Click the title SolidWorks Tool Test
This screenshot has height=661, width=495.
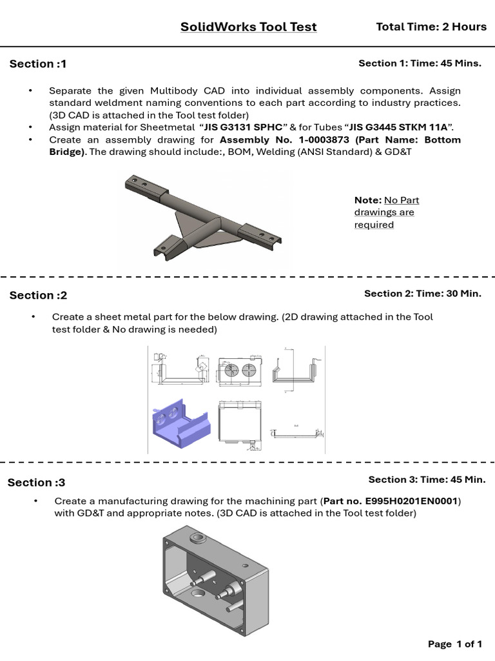[248, 26]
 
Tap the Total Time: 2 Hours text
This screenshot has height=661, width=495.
[431, 26]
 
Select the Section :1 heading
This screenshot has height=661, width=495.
[38, 64]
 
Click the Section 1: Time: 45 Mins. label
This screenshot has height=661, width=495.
[419, 63]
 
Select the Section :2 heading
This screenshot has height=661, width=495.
[38, 296]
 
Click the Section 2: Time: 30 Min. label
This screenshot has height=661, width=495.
[422, 294]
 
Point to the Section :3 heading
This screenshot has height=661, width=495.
[37, 483]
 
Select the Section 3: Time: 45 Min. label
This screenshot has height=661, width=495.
[427, 480]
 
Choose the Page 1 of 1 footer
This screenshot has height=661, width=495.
[455, 644]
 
